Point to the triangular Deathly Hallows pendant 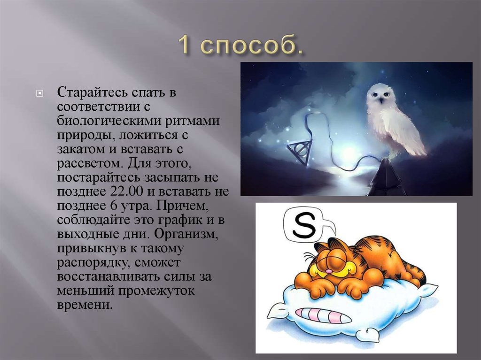[299, 152]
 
